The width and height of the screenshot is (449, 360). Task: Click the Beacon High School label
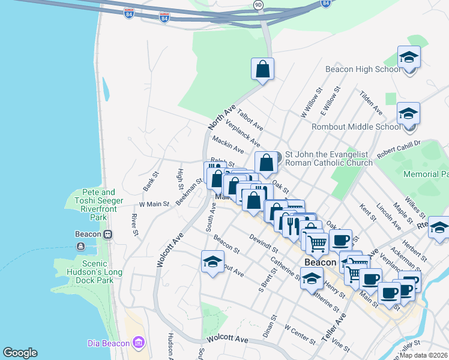tap(363, 69)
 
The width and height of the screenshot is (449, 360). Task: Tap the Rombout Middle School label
tap(356, 127)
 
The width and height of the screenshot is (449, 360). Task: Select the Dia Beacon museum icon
tap(139, 342)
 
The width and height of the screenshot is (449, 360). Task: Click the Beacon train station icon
tap(108, 234)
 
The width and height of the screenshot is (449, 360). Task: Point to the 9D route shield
tap(258, 5)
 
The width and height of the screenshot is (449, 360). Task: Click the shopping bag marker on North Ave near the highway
tap(262, 69)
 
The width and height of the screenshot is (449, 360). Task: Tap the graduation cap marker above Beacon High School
tap(409, 58)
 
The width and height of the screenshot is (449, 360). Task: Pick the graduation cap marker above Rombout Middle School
tap(408, 114)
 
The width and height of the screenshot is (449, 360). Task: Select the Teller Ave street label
tap(334, 327)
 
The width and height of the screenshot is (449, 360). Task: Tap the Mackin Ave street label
tap(228, 144)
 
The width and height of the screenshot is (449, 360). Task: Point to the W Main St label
tap(154, 204)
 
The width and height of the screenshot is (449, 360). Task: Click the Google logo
tap(20, 353)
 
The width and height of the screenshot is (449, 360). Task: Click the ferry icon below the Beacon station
tap(80, 246)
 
